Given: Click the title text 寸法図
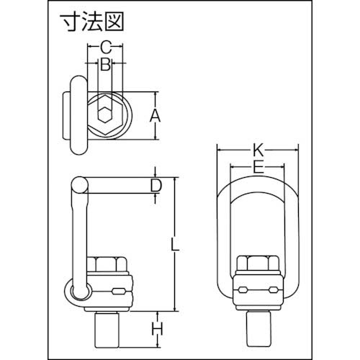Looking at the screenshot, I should click(x=90, y=22).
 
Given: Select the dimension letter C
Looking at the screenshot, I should click(x=105, y=48).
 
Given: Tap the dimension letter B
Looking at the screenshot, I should click(x=105, y=66).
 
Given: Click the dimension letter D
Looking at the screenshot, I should click(x=156, y=186).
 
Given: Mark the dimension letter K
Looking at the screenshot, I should click(x=258, y=150).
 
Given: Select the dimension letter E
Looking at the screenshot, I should click(x=258, y=168).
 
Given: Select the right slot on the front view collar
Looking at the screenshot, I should click(x=273, y=290).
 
